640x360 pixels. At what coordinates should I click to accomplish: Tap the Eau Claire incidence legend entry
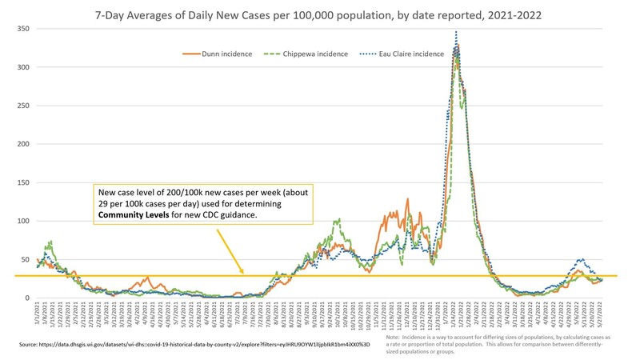[417, 54]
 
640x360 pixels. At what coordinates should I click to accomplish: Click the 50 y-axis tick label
[23, 259]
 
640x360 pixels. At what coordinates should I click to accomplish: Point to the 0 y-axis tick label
[26, 298]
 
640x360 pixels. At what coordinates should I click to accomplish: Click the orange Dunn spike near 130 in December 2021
[407, 199]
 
